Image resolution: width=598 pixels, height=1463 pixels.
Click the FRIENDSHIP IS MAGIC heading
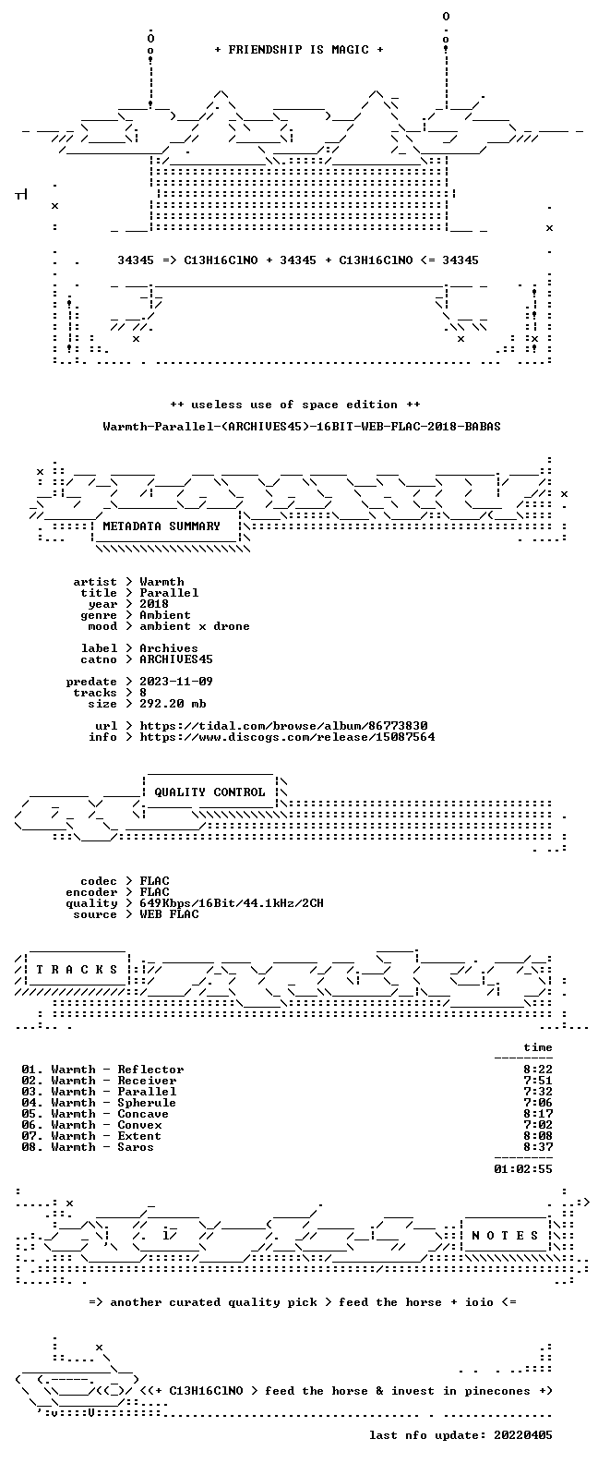298,50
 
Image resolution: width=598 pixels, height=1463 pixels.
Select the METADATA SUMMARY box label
161,526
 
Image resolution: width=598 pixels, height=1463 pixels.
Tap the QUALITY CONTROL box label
209,792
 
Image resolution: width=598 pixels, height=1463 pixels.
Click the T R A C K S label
77,969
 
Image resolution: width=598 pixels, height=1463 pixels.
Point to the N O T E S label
505,1235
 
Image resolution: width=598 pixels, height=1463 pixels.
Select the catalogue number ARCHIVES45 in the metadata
176,659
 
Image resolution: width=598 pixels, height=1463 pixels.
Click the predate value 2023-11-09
176,682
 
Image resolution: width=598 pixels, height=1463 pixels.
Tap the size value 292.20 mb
173,704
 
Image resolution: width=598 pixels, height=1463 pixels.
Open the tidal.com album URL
284,726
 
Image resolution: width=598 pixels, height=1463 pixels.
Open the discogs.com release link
287,737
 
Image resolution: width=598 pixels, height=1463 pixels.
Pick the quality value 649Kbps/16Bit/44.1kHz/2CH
232,903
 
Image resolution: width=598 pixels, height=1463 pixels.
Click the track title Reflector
150,1070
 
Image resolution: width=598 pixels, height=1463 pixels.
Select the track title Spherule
147,1103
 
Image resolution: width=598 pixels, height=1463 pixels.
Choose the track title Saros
136,1147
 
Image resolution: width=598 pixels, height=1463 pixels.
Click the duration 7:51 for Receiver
538,1081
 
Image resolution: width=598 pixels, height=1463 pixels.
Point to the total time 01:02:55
523,1169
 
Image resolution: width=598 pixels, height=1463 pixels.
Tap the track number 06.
30,1125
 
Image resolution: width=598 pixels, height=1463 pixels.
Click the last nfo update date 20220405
523,1435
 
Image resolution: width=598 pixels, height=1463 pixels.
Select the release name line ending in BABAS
302,427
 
